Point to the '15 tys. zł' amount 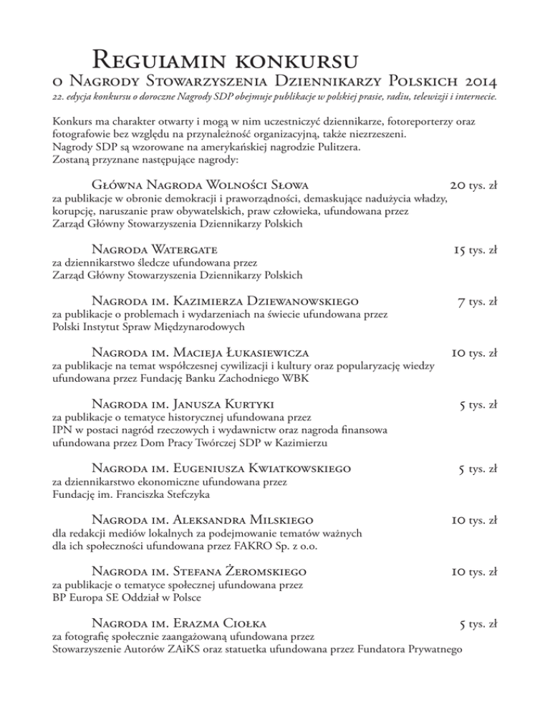[475, 250]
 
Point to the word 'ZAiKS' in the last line [201, 649]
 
